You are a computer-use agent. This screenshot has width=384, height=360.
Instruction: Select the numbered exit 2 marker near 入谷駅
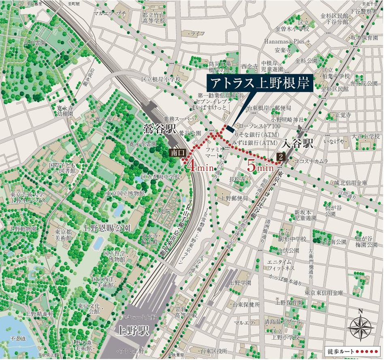coord(281,156)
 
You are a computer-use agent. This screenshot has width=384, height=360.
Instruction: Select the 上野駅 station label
coord(129,329)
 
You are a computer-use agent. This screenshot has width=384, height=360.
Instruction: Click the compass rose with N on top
coord(361,327)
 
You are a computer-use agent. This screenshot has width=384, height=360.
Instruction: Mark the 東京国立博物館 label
coord(125,193)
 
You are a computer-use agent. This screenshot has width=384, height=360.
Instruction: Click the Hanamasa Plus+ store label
coord(287,41)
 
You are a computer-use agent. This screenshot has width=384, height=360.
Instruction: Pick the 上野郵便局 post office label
coord(234,198)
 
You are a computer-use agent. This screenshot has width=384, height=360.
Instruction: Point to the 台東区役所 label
coord(212,350)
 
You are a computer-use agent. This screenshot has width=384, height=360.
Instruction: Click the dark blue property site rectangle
coord(229,129)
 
